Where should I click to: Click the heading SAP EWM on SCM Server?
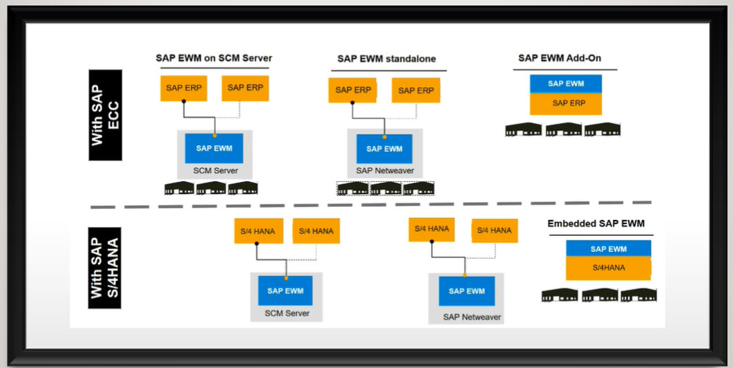pyautogui.click(x=213, y=58)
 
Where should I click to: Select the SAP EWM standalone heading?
pyautogui.click(x=386, y=59)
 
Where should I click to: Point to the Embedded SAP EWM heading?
pyautogui.click(x=597, y=224)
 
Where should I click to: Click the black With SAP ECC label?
pyautogui.click(x=105, y=115)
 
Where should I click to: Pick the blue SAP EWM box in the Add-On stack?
pyautogui.click(x=566, y=84)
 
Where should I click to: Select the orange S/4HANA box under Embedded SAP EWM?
pyautogui.click(x=608, y=267)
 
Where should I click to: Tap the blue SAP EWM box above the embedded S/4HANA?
pyautogui.click(x=608, y=249)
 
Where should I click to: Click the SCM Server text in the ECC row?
pyautogui.click(x=216, y=171)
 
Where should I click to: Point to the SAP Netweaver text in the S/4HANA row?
pyautogui.click(x=472, y=318)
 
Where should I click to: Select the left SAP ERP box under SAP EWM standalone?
pyautogui.click(x=353, y=90)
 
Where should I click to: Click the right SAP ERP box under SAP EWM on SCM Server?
pyautogui.click(x=245, y=88)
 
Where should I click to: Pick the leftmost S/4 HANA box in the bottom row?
pyautogui.click(x=258, y=232)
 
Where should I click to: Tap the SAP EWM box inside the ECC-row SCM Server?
pyautogui.click(x=214, y=148)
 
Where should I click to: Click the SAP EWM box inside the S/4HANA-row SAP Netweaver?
pyautogui.click(x=466, y=291)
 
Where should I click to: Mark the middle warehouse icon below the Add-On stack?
pyautogui.click(x=563, y=130)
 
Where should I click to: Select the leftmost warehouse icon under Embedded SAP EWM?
pyautogui.click(x=560, y=295)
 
